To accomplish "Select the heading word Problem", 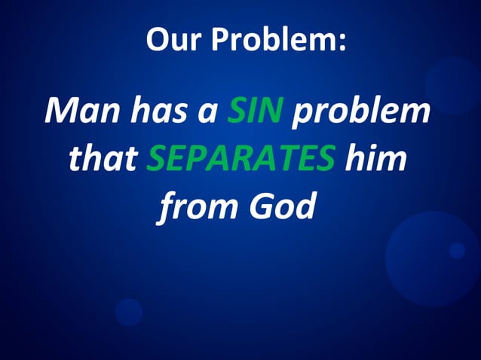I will [274, 40].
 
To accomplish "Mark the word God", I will [282, 206].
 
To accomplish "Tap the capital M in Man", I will [62, 113].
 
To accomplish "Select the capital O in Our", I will [156, 39].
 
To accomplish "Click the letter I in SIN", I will [254, 113].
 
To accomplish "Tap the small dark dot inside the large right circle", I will [457, 250].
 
